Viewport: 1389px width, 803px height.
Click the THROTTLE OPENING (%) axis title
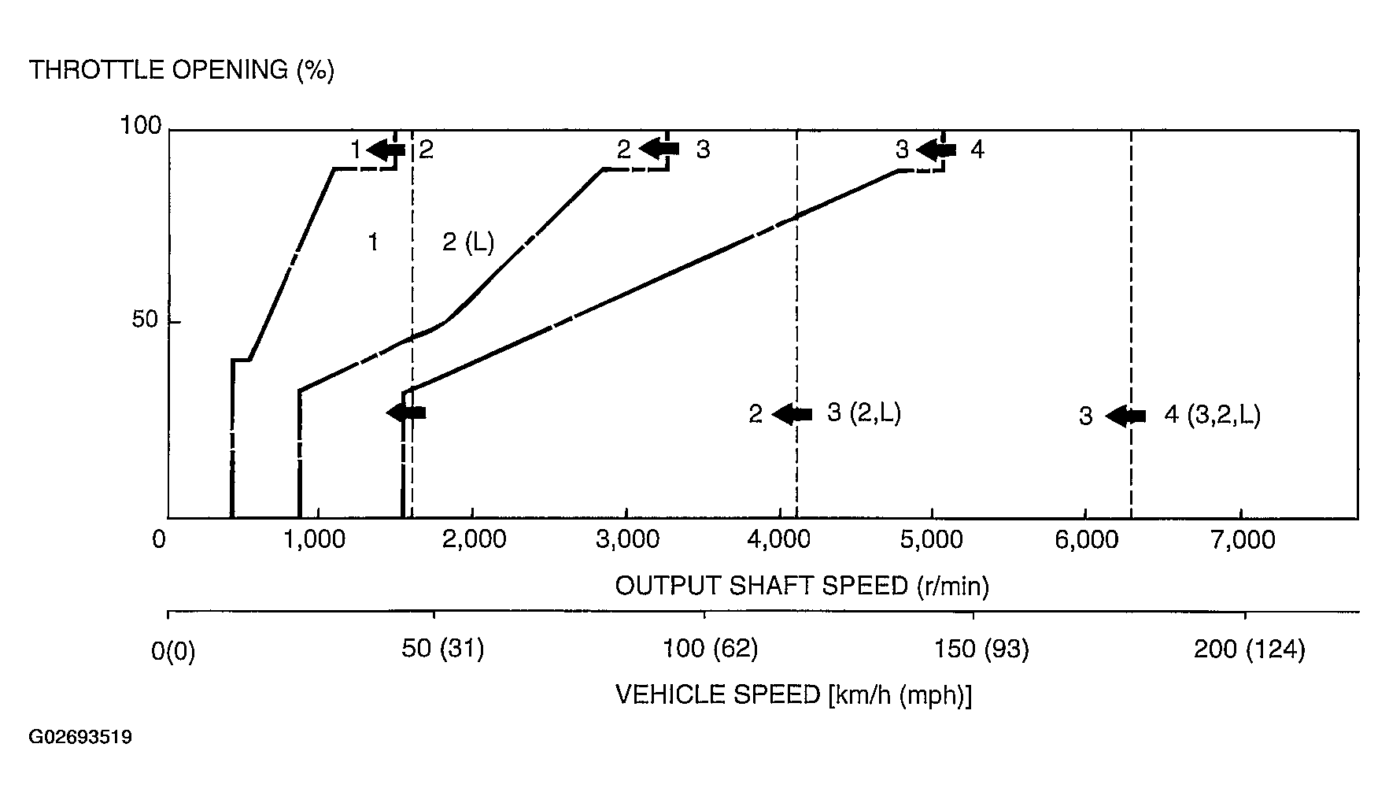(x=182, y=70)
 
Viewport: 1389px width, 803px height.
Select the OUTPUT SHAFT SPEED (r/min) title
(x=802, y=586)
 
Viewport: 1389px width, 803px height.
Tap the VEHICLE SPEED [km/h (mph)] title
(x=792, y=694)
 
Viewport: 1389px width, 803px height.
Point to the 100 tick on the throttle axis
(x=141, y=126)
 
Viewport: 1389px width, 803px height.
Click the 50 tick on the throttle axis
(x=145, y=320)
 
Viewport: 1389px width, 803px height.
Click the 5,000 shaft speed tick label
(x=932, y=540)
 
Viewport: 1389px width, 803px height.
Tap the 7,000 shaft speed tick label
(x=1239, y=540)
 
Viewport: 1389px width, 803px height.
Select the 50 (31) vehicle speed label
(x=443, y=649)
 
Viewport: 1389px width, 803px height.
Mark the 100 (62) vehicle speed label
(x=711, y=649)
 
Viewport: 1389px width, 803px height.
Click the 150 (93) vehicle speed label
(x=981, y=649)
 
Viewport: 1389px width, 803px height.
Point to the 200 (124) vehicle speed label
(x=1249, y=649)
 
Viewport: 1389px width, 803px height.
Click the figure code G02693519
(x=80, y=738)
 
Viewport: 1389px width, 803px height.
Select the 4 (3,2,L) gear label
(x=1212, y=414)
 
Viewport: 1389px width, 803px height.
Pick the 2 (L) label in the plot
(x=468, y=242)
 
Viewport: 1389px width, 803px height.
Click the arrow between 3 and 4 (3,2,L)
(x=1125, y=416)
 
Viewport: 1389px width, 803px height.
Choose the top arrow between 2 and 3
(x=659, y=148)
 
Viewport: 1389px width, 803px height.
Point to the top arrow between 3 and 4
(x=936, y=149)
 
